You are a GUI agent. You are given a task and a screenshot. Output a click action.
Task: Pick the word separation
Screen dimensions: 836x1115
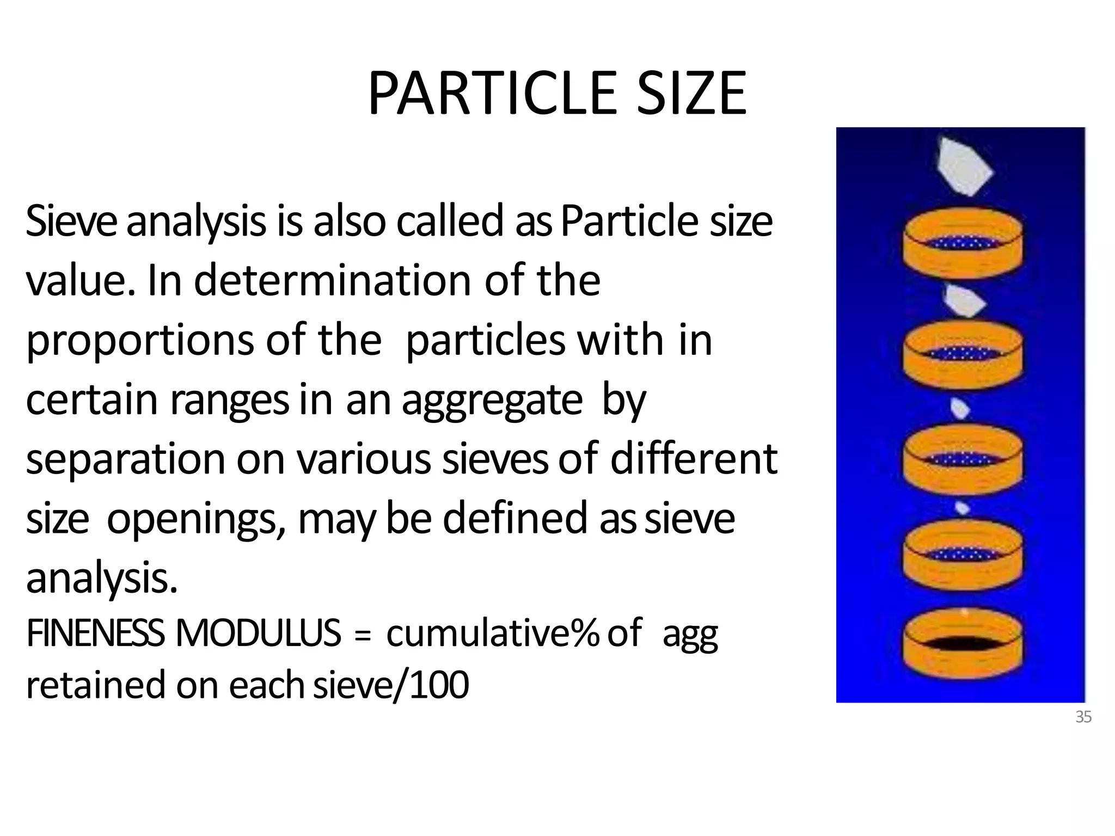pos(125,459)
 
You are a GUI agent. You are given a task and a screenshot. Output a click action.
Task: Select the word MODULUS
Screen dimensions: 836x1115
pos(258,634)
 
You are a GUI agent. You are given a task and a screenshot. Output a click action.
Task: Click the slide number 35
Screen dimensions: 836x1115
pos(1083,717)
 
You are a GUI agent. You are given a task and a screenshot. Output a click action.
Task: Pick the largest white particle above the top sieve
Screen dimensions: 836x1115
pos(965,167)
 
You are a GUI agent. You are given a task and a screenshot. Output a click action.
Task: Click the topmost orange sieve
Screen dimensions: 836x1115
pos(962,244)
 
